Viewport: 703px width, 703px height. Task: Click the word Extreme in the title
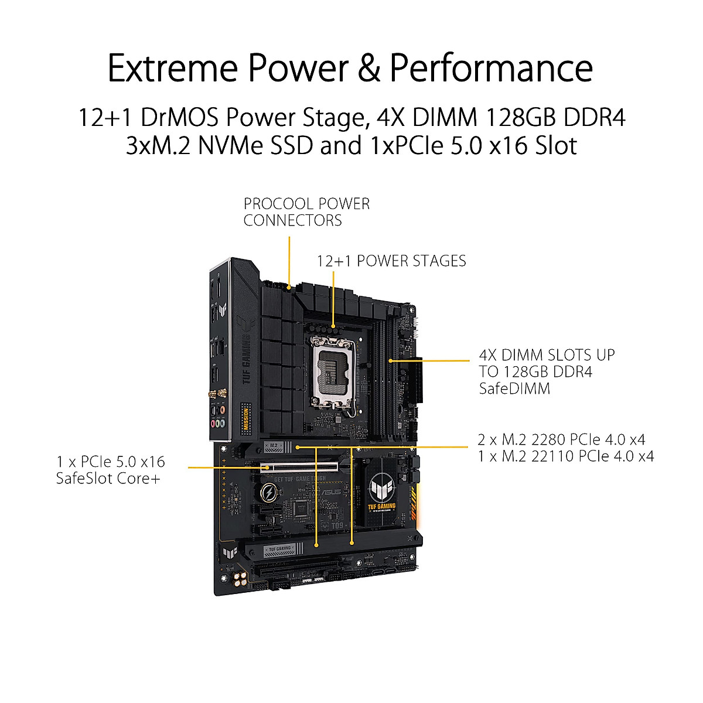point(173,68)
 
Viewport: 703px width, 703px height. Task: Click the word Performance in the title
point(491,68)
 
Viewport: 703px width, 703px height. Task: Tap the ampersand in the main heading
point(369,68)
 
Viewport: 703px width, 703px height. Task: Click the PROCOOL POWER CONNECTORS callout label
point(306,212)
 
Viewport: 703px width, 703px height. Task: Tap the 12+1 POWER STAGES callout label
point(391,261)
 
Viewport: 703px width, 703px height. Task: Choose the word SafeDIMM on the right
point(514,388)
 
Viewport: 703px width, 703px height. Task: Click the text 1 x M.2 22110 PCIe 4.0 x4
point(565,456)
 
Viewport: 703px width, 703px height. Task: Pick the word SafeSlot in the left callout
point(86,479)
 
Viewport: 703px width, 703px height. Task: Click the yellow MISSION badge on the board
point(246,418)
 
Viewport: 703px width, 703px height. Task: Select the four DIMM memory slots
point(387,381)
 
